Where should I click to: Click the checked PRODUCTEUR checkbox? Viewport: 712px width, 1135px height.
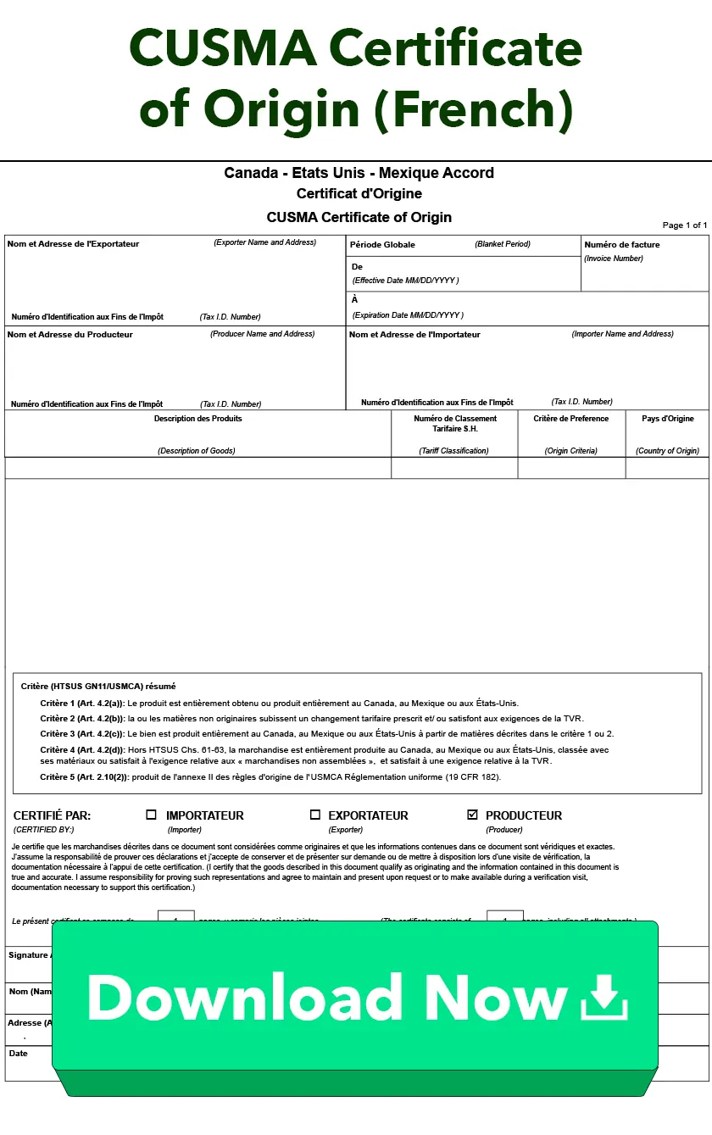tap(472, 815)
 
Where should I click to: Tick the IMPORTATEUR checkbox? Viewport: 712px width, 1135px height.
tap(152, 815)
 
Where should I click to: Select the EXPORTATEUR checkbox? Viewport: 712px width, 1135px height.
tap(315, 815)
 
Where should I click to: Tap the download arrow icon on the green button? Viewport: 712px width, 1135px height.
tap(604, 997)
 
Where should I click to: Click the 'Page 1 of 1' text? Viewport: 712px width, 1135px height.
tap(684, 225)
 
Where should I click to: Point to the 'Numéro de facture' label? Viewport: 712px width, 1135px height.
tap(622, 245)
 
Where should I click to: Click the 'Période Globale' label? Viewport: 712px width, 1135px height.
tap(383, 245)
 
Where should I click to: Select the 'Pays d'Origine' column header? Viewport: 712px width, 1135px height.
tap(667, 419)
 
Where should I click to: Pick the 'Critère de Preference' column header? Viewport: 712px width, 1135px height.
tap(571, 419)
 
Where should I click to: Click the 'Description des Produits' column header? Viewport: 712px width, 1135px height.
tap(197, 419)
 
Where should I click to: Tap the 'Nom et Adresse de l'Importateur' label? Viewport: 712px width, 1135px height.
tap(414, 335)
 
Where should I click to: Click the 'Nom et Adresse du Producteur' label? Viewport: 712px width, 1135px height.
tap(70, 335)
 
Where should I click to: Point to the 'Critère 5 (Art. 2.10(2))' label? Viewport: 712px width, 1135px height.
tap(85, 777)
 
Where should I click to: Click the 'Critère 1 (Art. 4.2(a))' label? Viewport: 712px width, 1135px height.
tap(82, 704)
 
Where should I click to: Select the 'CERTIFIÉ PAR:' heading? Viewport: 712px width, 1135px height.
tap(52, 815)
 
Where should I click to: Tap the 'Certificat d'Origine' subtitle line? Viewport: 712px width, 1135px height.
tap(359, 193)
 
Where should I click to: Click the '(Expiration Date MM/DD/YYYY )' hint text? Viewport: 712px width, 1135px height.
tap(408, 315)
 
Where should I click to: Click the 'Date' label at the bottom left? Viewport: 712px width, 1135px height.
tap(18, 1054)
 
